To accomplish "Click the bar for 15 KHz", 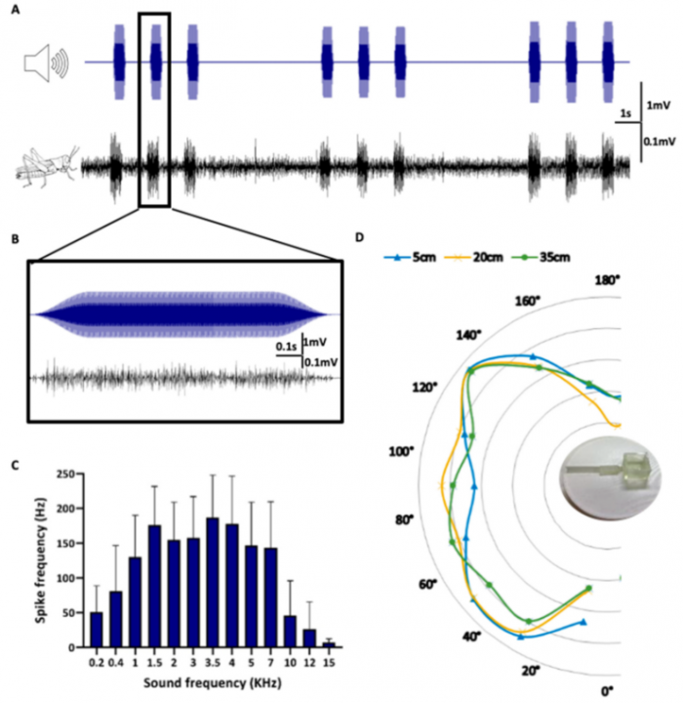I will tap(329, 644).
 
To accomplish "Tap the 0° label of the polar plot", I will tap(607, 690).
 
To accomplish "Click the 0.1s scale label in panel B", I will tap(284, 346).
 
